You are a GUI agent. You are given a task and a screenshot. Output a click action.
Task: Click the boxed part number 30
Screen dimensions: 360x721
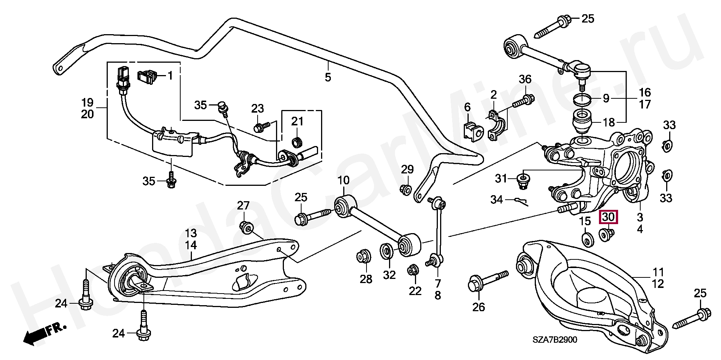608,217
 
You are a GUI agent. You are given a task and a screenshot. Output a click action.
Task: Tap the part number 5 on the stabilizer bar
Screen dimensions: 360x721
328,77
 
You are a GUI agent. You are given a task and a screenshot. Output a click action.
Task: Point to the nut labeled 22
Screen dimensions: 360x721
414,270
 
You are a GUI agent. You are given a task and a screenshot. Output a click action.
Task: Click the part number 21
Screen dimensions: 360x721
297,121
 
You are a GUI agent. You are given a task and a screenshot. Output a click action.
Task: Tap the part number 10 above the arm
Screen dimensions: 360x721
343,181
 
